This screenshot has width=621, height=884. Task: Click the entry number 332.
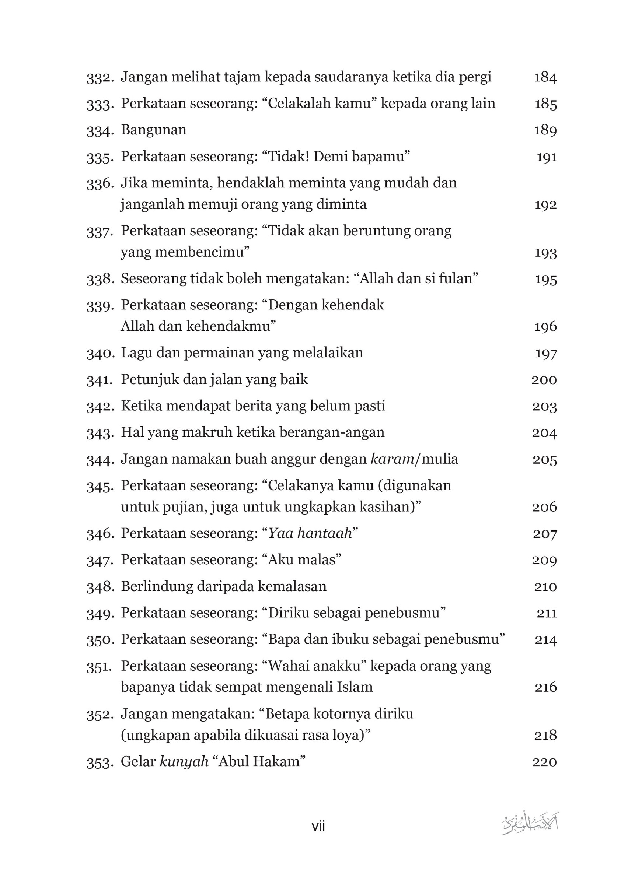point(100,78)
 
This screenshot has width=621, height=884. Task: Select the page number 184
point(545,78)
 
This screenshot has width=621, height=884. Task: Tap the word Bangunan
point(153,130)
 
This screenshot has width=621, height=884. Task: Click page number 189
point(545,130)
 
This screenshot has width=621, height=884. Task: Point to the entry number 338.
point(100,280)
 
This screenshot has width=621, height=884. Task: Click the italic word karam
point(392,459)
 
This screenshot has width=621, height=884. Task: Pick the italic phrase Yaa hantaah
point(310,534)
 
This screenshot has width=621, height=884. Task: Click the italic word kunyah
point(184,762)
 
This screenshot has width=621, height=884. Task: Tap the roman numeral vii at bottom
point(318,826)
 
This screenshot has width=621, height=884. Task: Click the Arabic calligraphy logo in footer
point(530,824)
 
